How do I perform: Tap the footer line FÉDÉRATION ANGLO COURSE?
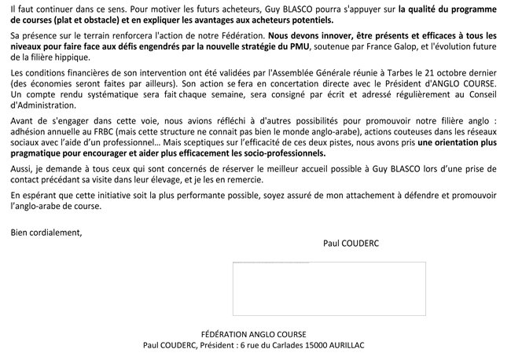point(253,334)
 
